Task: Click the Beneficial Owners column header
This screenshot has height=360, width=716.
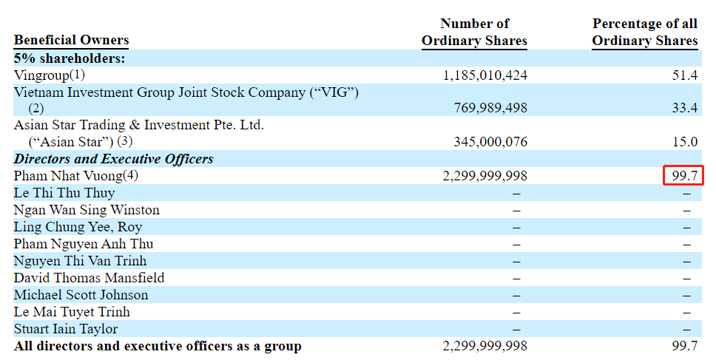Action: (x=71, y=41)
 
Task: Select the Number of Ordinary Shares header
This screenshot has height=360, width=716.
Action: (x=474, y=33)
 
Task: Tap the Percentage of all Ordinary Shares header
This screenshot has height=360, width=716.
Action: (x=645, y=33)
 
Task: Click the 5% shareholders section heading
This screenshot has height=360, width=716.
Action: (x=70, y=58)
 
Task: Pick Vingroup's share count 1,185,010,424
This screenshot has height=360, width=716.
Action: (x=484, y=75)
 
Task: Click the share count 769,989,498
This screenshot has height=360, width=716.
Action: (x=490, y=109)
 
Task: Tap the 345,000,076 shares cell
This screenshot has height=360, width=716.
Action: (x=490, y=142)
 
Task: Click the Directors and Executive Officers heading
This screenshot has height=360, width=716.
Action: (x=113, y=159)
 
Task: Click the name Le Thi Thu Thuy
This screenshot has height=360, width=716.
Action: (x=64, y=193)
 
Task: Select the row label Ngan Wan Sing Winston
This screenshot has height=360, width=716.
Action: (x=87, y=210)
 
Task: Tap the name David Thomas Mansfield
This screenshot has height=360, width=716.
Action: (x=89, y=278)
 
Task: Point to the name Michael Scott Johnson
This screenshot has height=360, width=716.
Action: (x=81, y=295)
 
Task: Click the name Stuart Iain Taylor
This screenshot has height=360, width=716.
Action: (x=66, y=329)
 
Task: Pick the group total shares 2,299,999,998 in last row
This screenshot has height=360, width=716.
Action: (x=484, y=346)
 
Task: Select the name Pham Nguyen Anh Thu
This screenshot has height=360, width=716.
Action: (x=84, y=244)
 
